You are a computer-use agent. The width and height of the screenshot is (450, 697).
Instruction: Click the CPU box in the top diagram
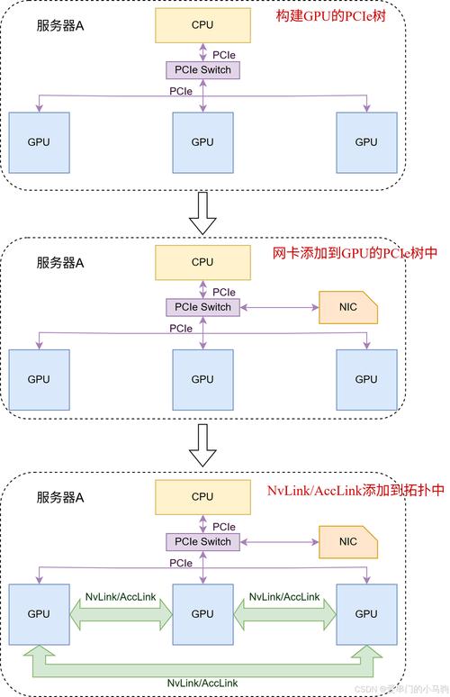tap(202, 25)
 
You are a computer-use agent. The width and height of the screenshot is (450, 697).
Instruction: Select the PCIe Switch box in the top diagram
tap(202, 69)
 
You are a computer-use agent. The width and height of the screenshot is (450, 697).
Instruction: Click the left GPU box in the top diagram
tap(39, 142)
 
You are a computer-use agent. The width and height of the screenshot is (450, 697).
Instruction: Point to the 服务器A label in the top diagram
tap(60, 24)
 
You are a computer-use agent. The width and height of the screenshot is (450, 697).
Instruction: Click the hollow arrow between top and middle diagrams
tap(205, 212)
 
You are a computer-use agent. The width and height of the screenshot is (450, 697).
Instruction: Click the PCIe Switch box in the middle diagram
tap(202, 307)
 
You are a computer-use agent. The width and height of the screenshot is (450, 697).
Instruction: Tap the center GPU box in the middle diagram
tap(202, 379)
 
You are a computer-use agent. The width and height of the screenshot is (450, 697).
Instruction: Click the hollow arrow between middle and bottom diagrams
tap(205, 447)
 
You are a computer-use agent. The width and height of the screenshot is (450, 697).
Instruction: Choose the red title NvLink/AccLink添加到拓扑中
tap(355, 491)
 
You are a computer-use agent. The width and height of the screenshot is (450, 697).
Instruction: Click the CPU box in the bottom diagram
tap(202, 496)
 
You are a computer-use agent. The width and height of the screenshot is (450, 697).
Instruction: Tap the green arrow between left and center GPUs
tap(121, 613)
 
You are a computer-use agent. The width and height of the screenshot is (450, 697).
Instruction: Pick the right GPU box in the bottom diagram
tap(366, 613)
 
